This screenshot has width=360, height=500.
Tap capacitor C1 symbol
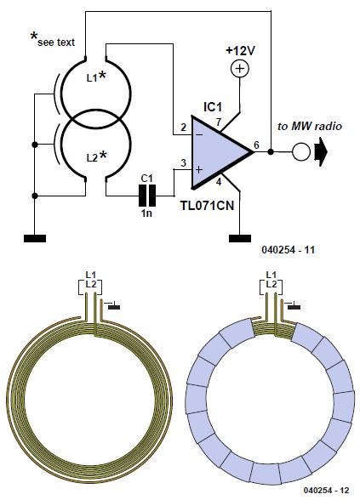tap(146, 196)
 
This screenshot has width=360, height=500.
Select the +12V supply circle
tap(240, 69)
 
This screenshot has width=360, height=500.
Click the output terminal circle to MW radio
tap(301, 151)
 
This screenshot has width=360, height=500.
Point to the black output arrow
tap(321, 151)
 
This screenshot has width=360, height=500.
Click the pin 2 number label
tap(183, 128)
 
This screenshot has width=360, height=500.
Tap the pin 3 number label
tap(183, 163)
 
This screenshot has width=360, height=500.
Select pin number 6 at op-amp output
tap(256, 145)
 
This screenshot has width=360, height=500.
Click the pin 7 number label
tap(218, 122)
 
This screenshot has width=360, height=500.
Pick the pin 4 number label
tap(218, 182)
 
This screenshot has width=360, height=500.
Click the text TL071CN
tap(208, 206)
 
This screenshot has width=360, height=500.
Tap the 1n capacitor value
tap(146, 213)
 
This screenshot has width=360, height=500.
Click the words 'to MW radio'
tap(310, 126)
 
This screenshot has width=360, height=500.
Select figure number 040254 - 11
tap(289, 249)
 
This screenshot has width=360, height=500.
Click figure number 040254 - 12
tap(327, 490)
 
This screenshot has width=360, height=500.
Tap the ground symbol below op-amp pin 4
tap(240, 238)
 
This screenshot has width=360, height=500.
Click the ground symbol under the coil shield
tap(35, 238)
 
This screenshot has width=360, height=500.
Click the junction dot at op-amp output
tap(271, 151)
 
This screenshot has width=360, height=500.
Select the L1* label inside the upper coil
tap(96, 77)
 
